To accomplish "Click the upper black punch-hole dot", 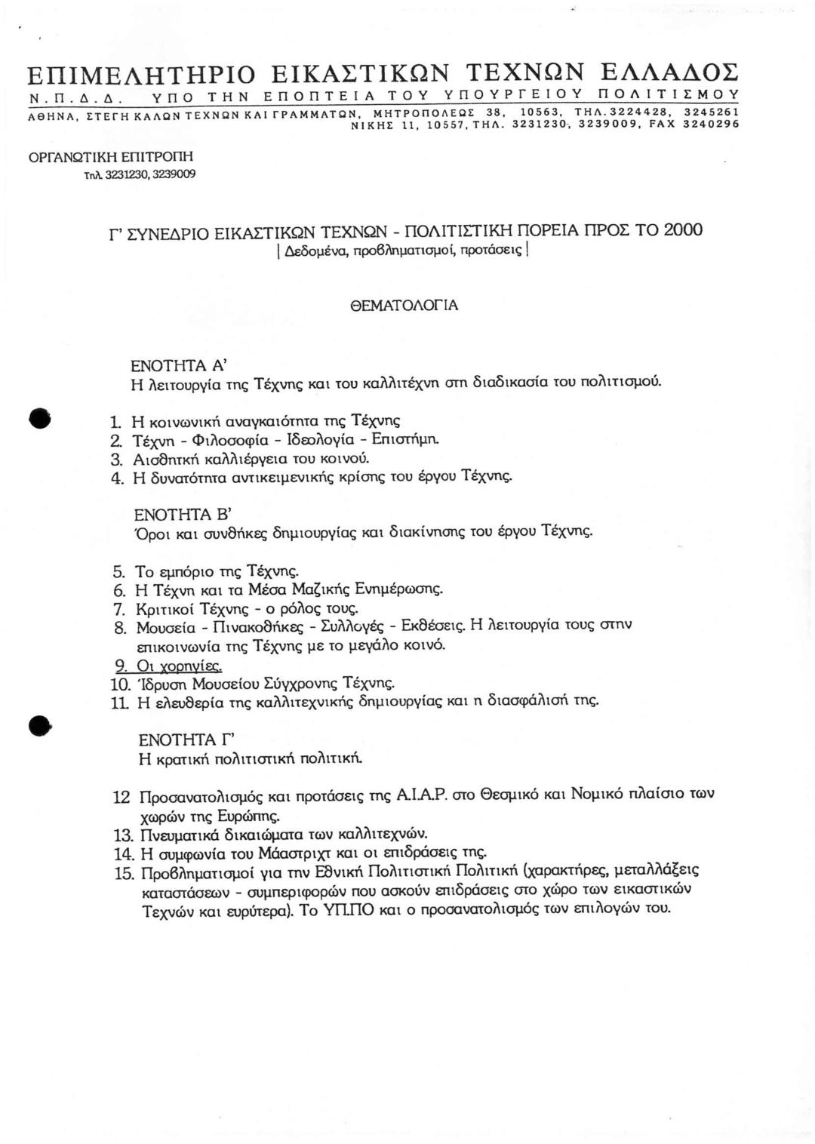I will pyautogui.click(x=39, y=418).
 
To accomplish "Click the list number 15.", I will pyautogui.click(x=124, y=874).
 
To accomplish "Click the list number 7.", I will pyautogui.click(x=118, y=608).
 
